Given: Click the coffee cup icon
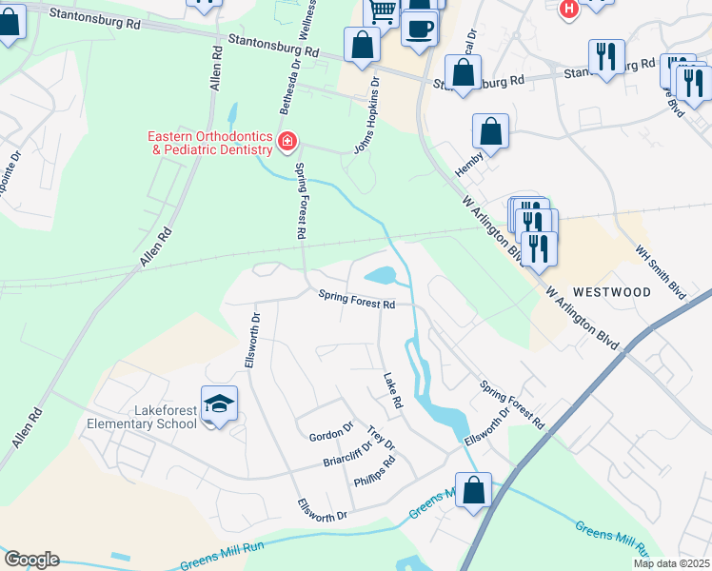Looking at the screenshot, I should tap(419, 27).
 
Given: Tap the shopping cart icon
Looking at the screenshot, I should tap(381, 11).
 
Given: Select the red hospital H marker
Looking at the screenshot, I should tap(569, 9).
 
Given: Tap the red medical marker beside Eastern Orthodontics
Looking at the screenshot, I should tap(287, 143).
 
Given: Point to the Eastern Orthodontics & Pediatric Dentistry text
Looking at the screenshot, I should tap(209, 143).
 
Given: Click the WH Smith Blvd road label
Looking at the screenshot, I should tap(661, 270).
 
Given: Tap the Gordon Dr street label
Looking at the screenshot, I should tap(330, 437).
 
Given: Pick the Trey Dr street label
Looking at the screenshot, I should tap(381, 438).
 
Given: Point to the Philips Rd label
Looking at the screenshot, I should tap(374, 475).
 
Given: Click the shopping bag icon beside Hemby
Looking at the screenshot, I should tap(490, 131).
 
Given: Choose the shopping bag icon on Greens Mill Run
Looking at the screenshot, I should tap(473, 490).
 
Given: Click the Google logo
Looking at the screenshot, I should tap(31, 560).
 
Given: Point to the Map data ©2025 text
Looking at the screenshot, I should tap(671, 563).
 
